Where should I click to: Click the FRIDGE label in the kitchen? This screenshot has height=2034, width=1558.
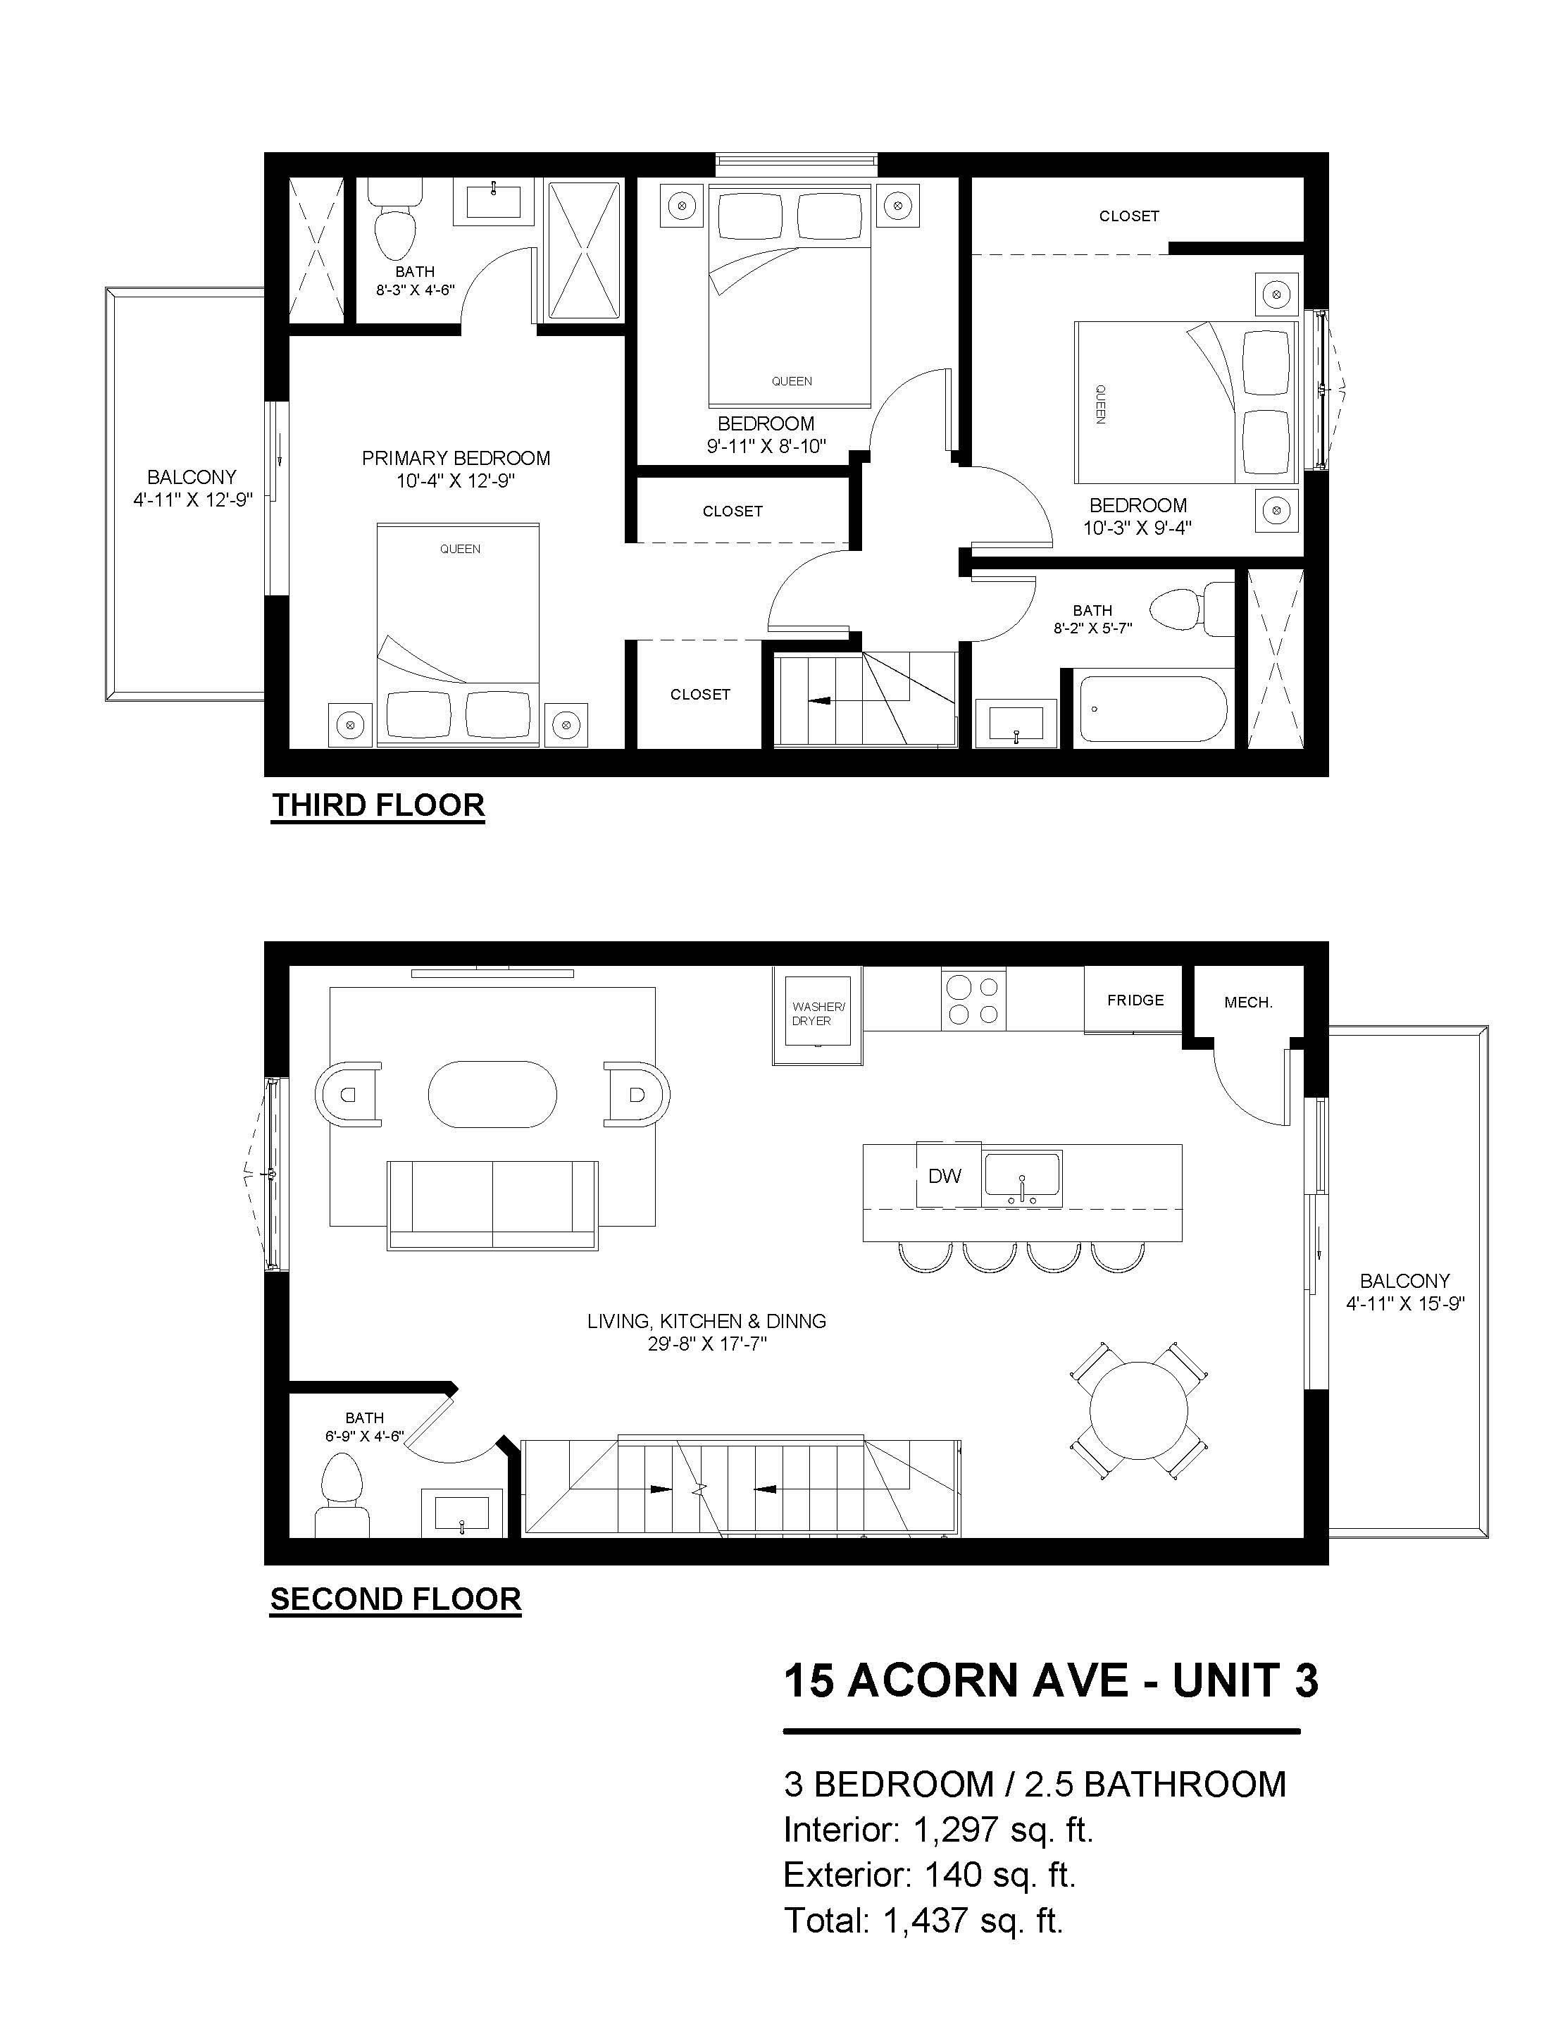point(1135,1000)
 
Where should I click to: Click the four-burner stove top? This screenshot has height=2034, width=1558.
point(973,1000)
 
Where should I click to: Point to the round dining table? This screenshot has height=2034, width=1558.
point(1139,1410)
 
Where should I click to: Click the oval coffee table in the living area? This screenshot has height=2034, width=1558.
point(492,1094)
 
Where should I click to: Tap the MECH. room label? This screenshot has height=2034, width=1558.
point(1248,1003)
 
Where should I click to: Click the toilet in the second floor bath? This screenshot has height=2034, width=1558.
point(342,1496)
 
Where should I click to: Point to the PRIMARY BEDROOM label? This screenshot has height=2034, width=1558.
point(456,458)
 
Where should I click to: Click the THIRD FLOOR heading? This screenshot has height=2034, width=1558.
point(378,805)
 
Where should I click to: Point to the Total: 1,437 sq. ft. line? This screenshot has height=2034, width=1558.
point(923,1920)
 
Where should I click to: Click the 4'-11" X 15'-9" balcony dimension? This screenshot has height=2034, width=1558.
point(1406,1303)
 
